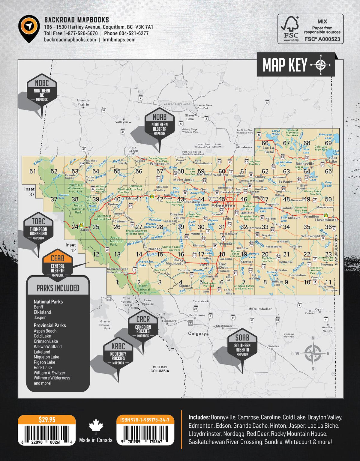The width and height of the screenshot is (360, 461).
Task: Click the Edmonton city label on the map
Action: [x=223, y=206]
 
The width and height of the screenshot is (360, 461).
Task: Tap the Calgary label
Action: [x=197, y=334]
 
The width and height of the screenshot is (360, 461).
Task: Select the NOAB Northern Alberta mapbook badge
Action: [x=159, y=124]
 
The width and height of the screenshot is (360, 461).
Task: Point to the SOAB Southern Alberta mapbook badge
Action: [x=242, y=345]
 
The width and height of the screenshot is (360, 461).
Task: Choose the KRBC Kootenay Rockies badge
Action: [x=118, y=354]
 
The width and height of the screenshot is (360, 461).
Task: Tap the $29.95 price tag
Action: [x=47, y=420]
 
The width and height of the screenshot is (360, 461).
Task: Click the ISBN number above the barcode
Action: [x=145, y=420]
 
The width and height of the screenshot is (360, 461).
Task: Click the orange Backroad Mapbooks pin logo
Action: [x=29, y=27]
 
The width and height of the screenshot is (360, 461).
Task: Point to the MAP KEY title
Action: [x=285, y=65]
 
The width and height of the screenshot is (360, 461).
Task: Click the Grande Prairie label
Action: [x=83, y=102]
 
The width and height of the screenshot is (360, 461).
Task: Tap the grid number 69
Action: [x=328, y=143]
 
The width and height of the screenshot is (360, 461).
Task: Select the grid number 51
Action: [x=33, y=171]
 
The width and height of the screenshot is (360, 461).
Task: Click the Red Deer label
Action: [x=223, y=266]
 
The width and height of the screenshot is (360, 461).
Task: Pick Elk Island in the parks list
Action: [x=42, y=312]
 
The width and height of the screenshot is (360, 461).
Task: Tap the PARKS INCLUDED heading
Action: [x=58, y=288]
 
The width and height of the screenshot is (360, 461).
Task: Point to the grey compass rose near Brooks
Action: [x=313, y=353]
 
